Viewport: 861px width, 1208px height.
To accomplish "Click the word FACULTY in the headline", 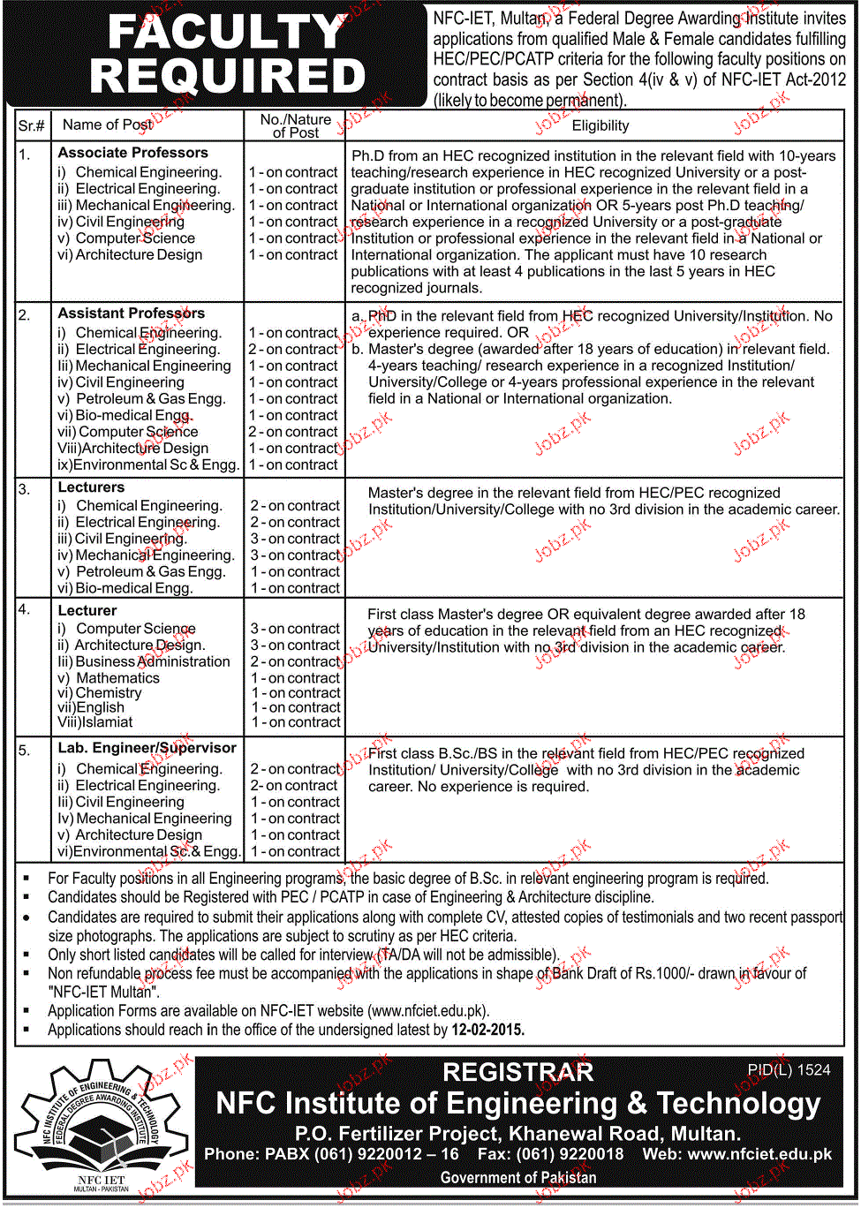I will pos(226,33).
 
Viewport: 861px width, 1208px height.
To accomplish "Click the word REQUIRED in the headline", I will pos(228,77).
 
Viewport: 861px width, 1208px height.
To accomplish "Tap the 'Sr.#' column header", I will pos(32,125).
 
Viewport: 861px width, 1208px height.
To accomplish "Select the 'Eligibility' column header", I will pos(600,125).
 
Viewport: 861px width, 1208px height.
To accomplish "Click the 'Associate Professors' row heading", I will pos(133,153).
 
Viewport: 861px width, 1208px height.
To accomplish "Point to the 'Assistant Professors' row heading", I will pos(132,313).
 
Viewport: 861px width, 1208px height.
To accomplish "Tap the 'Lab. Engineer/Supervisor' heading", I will pos(147,748).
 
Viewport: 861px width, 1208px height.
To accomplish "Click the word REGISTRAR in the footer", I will pos(518,1073).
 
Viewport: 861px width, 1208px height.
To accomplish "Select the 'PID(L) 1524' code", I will pos(789,1070).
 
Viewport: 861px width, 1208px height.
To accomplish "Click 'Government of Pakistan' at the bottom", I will pos(518,1178).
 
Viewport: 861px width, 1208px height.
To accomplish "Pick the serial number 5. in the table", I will pos(25,751).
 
